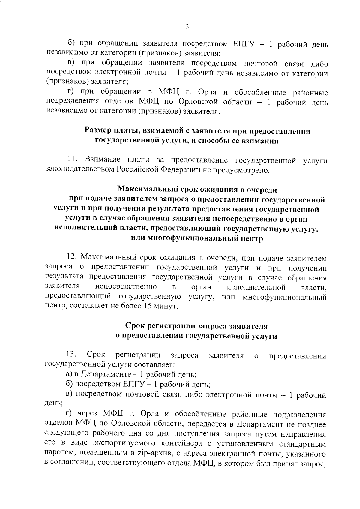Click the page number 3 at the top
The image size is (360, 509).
tap(187, 27)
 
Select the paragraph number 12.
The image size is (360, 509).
tap(72, 257)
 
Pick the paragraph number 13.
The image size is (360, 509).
tap(71, 355)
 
